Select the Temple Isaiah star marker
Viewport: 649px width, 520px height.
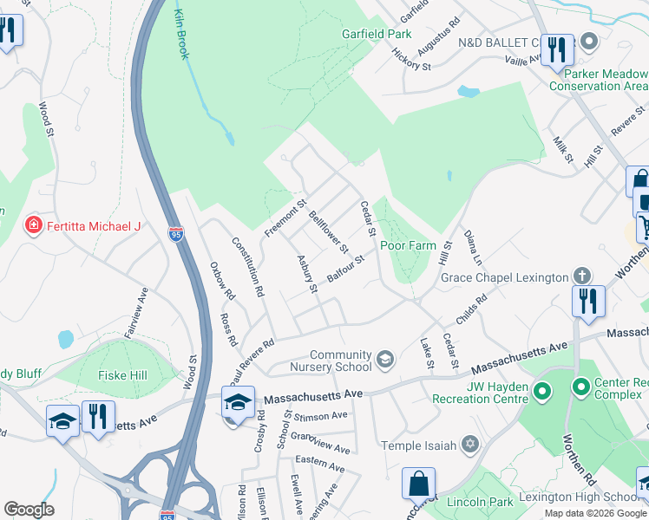pos(470,445)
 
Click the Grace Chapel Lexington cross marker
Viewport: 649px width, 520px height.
pos(581,276)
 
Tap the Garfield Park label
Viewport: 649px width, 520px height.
pos(375,35)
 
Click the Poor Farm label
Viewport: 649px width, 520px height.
pos(408,245)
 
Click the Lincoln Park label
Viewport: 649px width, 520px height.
pos(481,502)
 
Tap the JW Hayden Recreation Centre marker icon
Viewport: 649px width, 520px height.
pos(543,392)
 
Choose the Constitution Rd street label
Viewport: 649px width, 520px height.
pos(246,267)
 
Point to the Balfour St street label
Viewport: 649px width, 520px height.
pos(344,269)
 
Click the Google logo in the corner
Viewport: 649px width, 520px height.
pos(29,510)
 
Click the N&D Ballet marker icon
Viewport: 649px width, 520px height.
pos(591,42)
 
